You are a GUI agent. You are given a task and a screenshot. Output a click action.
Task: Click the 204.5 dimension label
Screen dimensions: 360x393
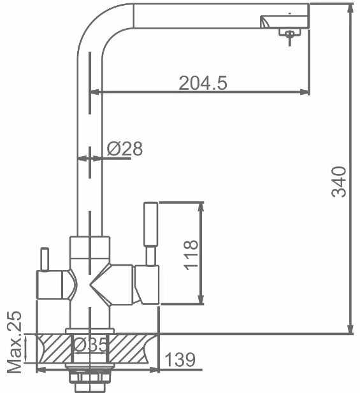point(203,83)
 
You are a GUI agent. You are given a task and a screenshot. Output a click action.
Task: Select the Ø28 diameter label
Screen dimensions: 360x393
point(125,148)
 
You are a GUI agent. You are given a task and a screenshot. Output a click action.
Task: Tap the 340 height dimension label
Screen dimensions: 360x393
point(339,182)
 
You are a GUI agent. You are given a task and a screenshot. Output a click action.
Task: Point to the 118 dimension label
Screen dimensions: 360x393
point(191,255)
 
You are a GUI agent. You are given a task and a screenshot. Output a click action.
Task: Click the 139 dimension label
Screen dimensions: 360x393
point(180,359)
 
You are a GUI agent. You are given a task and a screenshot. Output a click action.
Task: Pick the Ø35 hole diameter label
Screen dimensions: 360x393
point(90,345)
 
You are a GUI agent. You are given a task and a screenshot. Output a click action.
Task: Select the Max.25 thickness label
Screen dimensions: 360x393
point(14,343)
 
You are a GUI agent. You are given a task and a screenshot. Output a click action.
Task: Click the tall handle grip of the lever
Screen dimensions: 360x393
point(150,224)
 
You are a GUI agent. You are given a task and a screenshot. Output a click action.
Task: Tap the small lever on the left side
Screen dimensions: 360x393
point(45,259)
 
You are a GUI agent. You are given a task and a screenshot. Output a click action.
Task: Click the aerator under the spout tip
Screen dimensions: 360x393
point(290,34)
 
